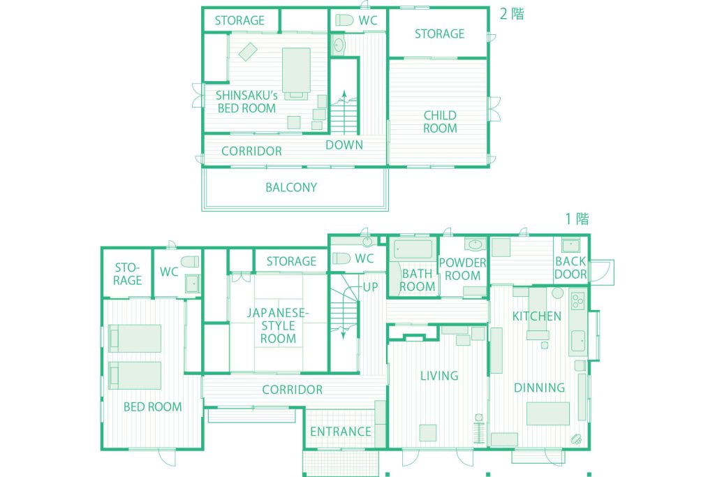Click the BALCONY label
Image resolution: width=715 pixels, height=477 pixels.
coord(291,187)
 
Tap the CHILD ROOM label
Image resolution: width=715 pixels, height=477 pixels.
coord(440,122)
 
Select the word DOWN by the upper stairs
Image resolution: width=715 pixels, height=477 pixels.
coord(344,145)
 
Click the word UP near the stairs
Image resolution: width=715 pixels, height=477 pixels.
coord(370,287)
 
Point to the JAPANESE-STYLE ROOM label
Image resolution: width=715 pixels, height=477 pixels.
coord(278,325)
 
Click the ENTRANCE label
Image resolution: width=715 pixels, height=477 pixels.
coord(341,432)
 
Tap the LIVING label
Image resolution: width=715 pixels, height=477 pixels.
coord(439,376)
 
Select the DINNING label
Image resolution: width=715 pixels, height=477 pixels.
coord(540,388)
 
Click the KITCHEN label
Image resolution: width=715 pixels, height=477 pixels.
coord(537,316)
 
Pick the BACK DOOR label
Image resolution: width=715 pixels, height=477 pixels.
coord(570,267)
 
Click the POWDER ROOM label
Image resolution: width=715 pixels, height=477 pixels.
coord(462,269)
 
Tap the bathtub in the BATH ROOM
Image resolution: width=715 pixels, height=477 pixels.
coord(413,249)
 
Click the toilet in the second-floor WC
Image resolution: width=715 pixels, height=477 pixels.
coord(344,20)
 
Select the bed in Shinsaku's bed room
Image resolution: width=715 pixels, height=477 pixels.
coord(296,73)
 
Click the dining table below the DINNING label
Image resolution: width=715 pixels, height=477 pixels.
coord(548,413)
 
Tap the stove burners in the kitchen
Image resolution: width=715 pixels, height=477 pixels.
coord(577,300)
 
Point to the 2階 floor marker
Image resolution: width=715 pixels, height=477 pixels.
coord(512,14)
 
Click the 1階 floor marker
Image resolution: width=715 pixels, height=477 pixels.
coord(577,219)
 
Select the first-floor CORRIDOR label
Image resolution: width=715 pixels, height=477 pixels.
coord(293,390)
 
